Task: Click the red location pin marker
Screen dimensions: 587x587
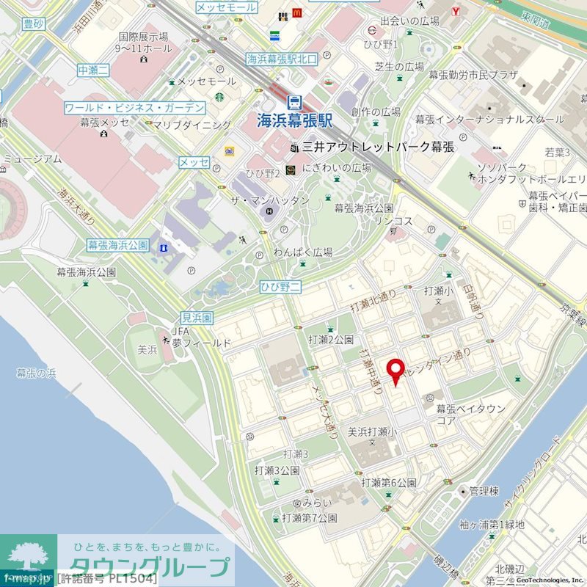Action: tap(396, 371)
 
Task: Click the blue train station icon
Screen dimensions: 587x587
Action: tap(295, 102)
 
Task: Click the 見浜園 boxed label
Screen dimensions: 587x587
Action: tap(197, 318)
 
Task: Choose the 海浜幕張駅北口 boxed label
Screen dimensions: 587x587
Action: tap(282, 59)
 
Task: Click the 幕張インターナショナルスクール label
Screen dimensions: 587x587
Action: tap(490, 119)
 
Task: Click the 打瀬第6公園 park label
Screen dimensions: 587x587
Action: tap(389, 483)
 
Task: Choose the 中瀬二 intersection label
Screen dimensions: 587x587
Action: tap(93, 70)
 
